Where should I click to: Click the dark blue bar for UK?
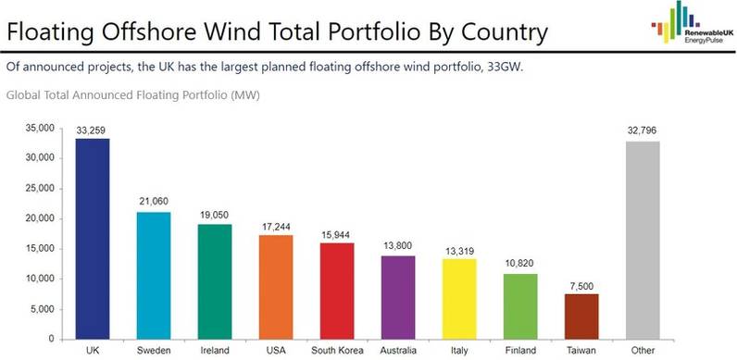(x=94, y=239)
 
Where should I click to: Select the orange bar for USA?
(x=277, y=287)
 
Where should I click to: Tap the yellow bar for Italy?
(x=460, y=299)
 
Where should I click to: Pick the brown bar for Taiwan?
(x=582, y=317)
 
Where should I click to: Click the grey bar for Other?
(x=643, y=240)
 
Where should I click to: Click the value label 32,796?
(x=643, y=131)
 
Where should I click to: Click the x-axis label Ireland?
(x=216, y=350)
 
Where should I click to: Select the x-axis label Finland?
(x=521, y=350)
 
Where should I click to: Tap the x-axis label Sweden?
(x=155, y=350)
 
